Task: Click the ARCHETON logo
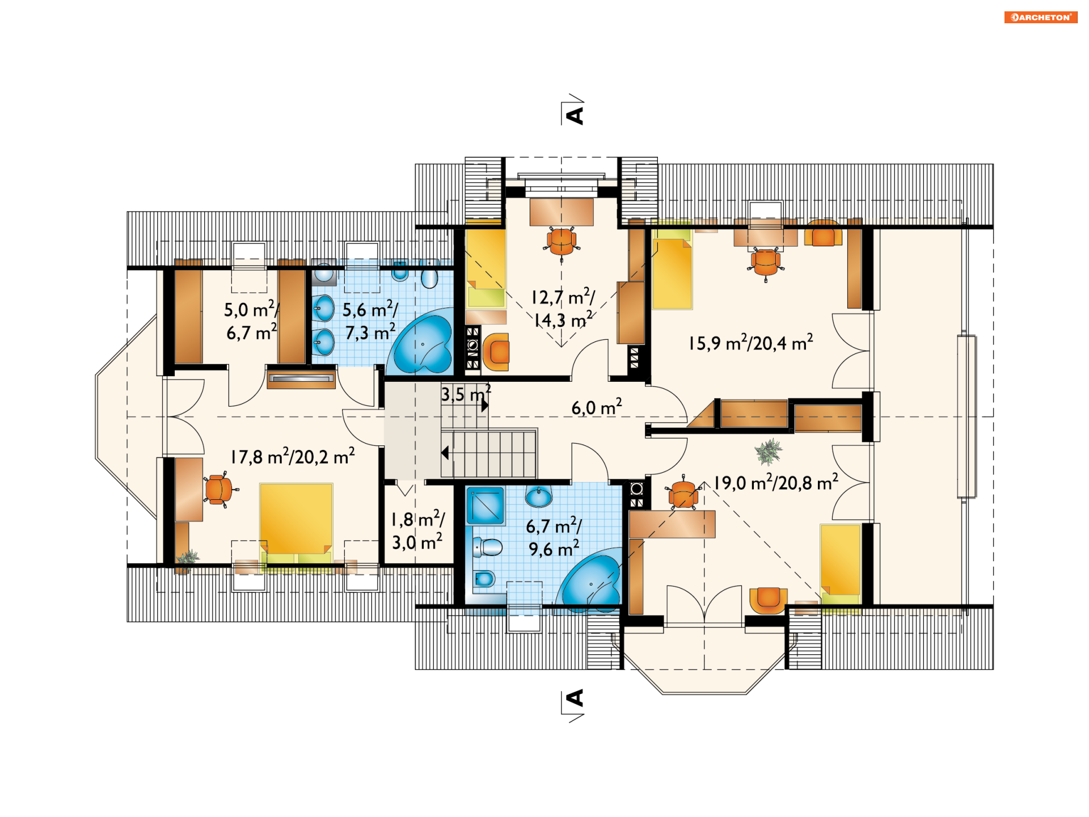(1040, 17)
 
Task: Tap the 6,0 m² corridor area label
(596, 407)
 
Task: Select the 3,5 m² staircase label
(466, 393)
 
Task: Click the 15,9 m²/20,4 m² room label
(750, 343)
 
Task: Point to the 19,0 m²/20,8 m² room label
(775, 482)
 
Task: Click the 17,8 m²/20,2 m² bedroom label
(292, 456)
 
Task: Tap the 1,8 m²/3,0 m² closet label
(418, 530)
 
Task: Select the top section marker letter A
(575, 115)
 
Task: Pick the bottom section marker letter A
(575, 698)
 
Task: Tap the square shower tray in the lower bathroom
(486, 506)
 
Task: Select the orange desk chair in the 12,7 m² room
(562, 242)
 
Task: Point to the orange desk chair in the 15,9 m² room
(766, 263)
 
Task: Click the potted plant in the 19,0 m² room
(768, 452)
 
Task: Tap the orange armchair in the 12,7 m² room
(496, 352)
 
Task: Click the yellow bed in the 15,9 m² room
(672, 273)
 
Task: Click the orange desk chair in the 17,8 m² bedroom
(218, 489)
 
